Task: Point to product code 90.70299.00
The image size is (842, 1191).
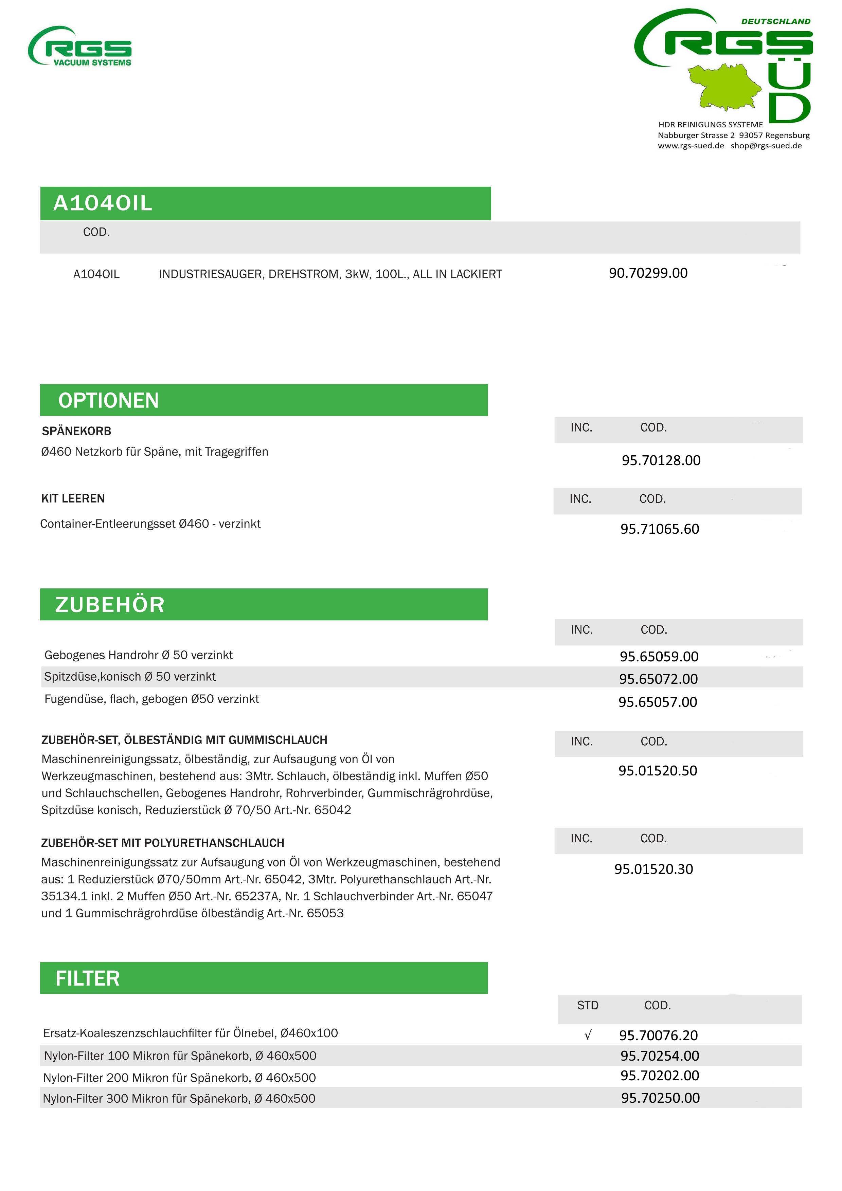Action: [x=648, y=273]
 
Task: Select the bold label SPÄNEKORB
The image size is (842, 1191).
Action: [x=77, y=431]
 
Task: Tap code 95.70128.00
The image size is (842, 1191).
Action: [x=661, y=461]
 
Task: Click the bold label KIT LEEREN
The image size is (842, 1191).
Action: [x=73, y=498]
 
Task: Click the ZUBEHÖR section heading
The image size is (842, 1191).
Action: [x=110, y=605]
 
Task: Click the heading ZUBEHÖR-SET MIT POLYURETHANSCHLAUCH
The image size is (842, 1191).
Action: [x=163, y=843]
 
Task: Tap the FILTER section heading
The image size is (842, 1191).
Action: [x=88, y=979]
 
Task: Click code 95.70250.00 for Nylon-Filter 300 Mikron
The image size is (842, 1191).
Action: [x=660, y=1098]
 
